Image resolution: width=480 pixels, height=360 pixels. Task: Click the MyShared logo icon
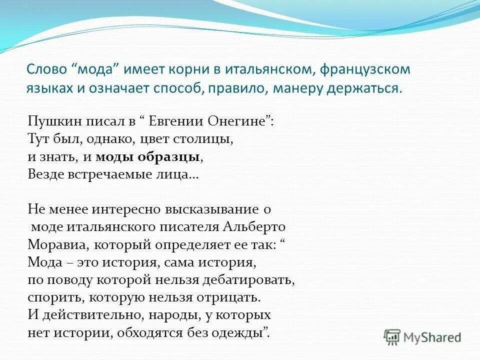click(393, 337)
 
